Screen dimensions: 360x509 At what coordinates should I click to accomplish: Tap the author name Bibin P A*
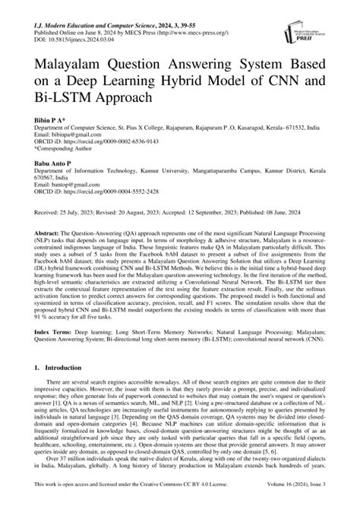[x=50, y=122]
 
